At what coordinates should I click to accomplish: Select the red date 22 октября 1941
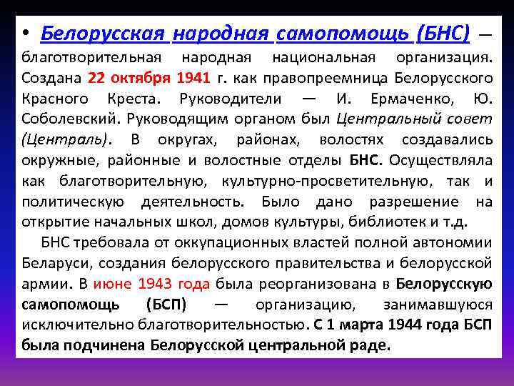(139, 76)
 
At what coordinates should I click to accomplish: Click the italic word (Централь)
(67, 139)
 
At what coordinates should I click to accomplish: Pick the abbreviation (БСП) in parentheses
(166, 305)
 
